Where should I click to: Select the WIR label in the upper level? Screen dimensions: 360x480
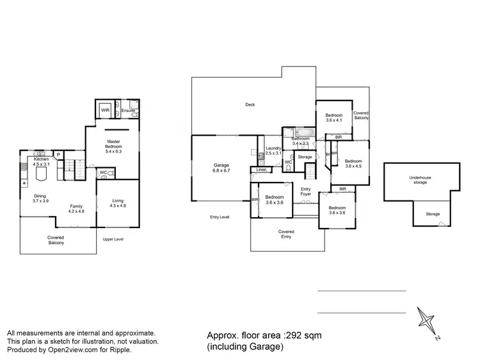(105, 110)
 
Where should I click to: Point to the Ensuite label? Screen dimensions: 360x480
(128, 111)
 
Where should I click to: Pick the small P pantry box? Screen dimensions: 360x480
(58, 154)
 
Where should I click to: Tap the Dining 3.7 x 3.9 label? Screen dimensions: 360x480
(40, 199)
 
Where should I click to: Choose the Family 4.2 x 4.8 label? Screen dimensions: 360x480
(77, 208)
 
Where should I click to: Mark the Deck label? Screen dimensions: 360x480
(250, 104)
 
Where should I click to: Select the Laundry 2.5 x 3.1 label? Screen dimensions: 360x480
(273, 151)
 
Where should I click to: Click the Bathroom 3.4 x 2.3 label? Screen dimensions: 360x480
(301, 141)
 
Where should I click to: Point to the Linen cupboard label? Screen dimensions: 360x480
(260, 170)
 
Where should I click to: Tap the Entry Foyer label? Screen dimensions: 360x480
(306, 191)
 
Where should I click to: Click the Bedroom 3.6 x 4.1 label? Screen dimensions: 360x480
(334, 117)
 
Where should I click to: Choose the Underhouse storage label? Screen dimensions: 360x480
(421, 180)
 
